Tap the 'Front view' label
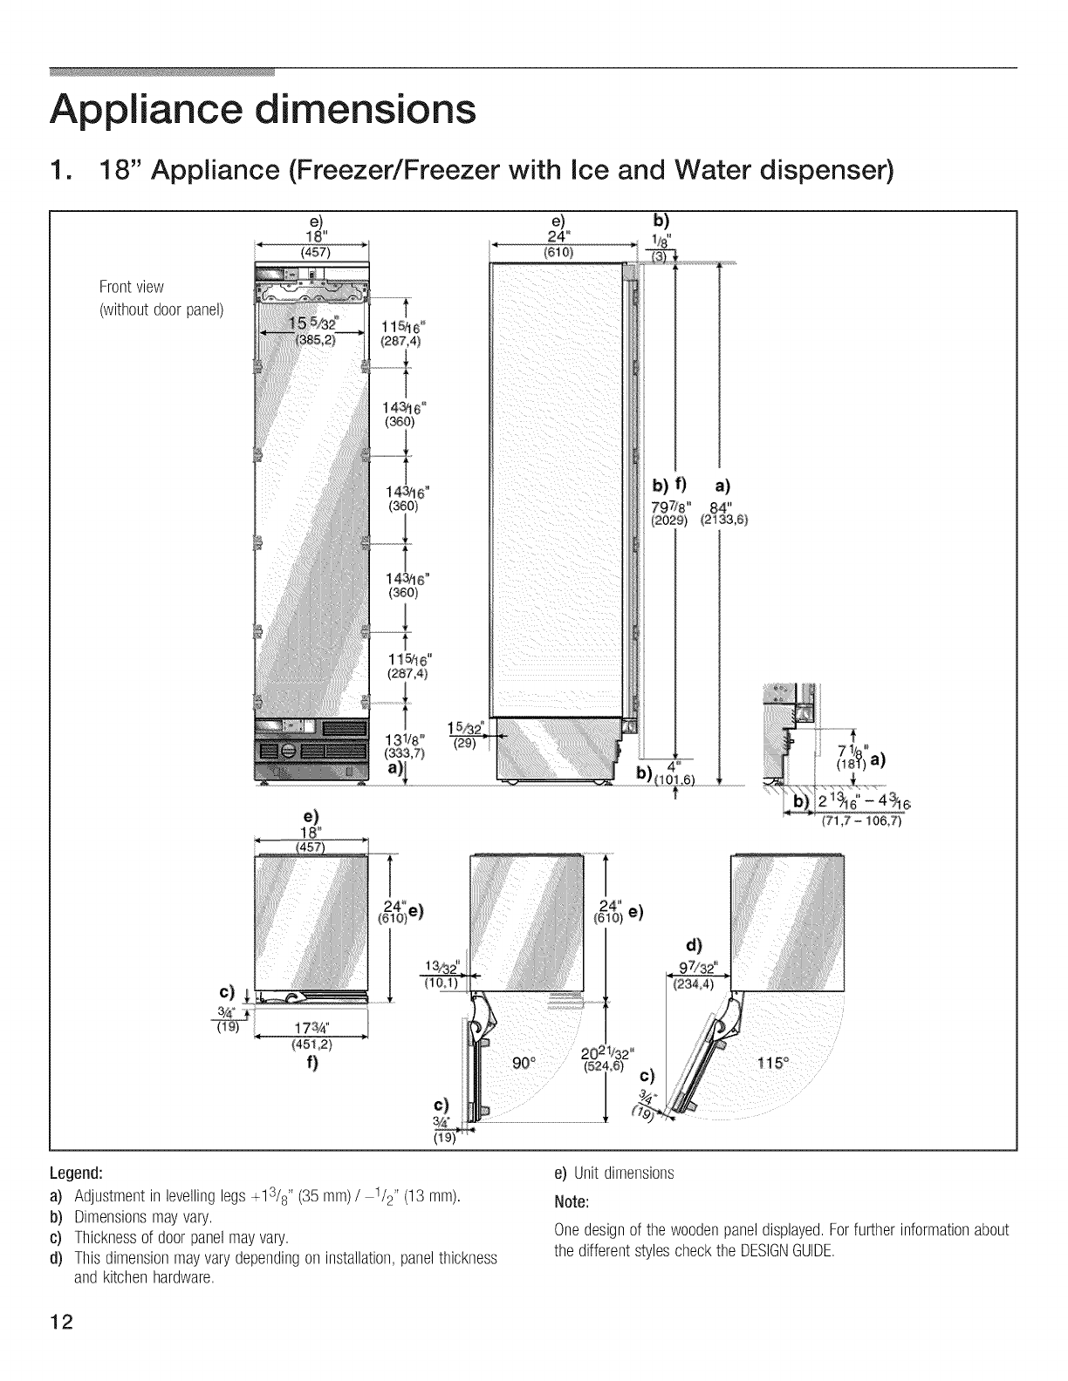132,287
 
